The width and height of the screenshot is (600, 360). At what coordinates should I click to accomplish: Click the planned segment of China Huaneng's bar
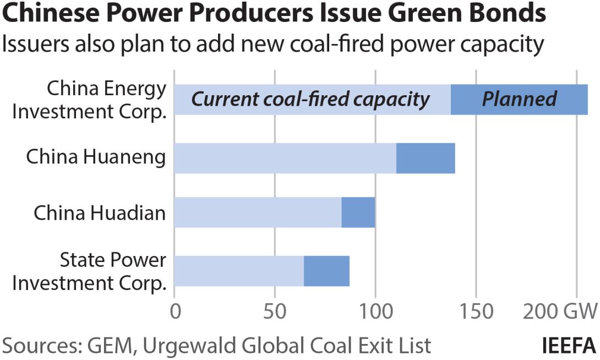pyautogui.click(x=426, y=158)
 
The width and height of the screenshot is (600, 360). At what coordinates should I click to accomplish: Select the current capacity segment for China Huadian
pyautogui.click(x=258, y=212)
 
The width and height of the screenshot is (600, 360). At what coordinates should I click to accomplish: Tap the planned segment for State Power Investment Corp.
pyautogui.click(x=326, y=271)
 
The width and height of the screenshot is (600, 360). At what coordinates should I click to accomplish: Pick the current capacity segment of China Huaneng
pyautogui.click(x=285, y=158)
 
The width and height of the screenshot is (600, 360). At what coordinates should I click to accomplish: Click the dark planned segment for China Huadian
pyautogui.click(x=358, y=212)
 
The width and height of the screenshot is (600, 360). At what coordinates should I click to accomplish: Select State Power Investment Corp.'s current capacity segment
pyautogui.click(x=239, y=271)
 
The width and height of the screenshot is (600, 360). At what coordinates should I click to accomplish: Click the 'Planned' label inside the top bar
pyautogui.click(x=519, y=99)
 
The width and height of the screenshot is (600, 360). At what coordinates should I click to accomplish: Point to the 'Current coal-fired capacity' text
pyautogui.click(x=310, y=99)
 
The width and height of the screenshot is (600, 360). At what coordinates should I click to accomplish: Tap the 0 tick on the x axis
pyautogui.click(x=175, y=312)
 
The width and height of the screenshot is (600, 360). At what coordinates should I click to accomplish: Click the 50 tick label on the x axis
pyautogui.click(x=275, y=312)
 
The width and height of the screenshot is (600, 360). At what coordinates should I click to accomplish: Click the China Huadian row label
pyautogui.click(x=100, y=212)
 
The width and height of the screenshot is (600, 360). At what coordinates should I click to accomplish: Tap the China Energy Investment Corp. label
pyautogui.click(x=89, y=100)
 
